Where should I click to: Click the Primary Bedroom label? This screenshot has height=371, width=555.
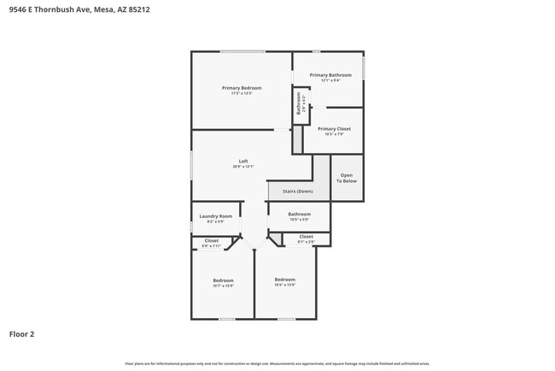coord(242,88)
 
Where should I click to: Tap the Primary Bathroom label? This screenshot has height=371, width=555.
coord(330,75)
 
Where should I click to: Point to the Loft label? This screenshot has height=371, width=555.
coord(242,162)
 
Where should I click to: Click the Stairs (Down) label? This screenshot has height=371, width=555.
coord(298,191)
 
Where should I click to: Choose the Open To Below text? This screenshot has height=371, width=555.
coord(346,178)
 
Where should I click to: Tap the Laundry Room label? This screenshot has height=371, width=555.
coord(215,216)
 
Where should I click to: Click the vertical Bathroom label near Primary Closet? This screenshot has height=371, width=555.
coord(299,104)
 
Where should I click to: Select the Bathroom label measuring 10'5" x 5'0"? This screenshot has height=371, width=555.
coord(299,214)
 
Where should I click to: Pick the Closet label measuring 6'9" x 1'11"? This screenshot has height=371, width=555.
coord(212,240)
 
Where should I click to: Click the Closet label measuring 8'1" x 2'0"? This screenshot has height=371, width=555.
coord(306,236)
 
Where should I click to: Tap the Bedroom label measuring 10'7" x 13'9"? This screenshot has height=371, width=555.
coord(223,280)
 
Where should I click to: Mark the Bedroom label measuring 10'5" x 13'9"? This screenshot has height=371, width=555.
coord(284,280)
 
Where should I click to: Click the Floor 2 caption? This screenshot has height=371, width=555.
coord(21,334)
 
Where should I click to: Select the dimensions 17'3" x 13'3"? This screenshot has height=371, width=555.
coord(242,93)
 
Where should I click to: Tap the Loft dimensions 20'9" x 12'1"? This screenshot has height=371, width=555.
coord(242,167)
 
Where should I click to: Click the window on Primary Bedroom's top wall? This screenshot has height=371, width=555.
coord(242,52)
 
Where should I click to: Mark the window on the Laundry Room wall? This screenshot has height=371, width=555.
coord(191,226)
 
